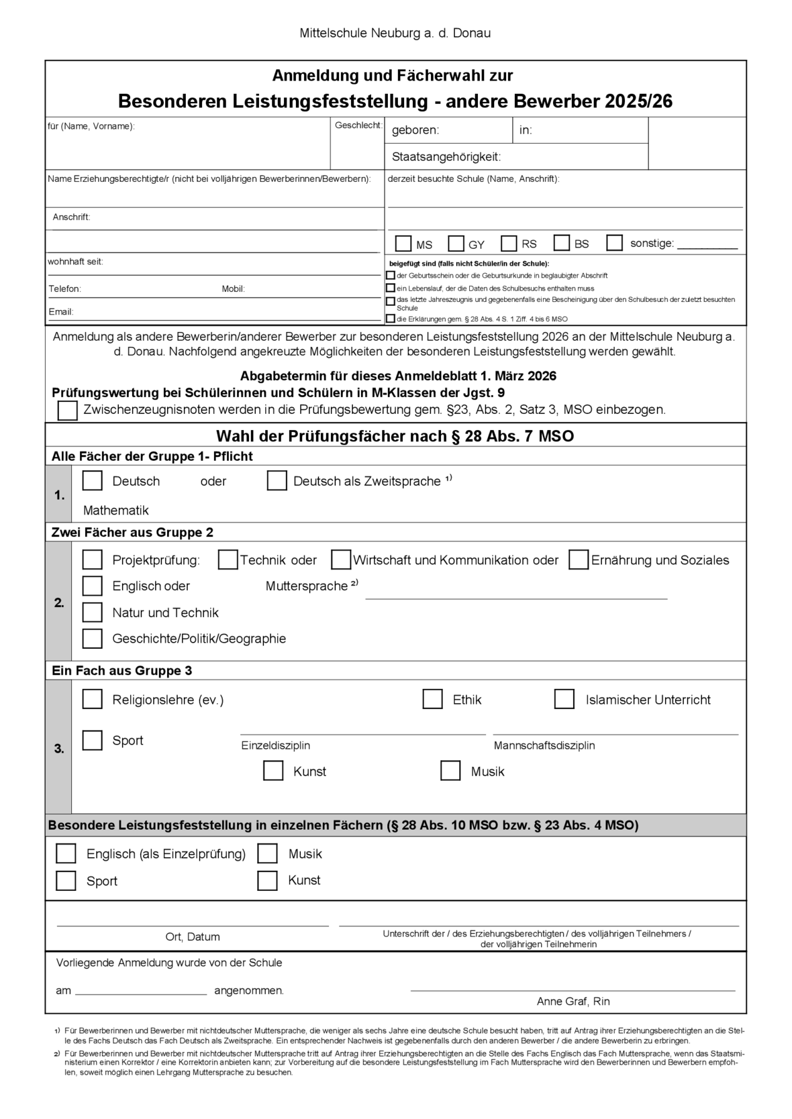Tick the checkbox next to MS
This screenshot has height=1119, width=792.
pos(403,243)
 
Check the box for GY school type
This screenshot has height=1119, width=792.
pos(456,243)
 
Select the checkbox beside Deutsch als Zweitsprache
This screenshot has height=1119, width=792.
pos(277,481)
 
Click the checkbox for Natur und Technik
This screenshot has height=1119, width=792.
pos(92,612)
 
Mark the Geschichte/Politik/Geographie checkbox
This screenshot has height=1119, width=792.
pos(92,639)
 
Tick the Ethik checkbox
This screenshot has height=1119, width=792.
pos(432,699)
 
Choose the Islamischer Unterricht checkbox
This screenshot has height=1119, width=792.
pos(564,699)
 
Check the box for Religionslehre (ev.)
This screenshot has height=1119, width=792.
pos(92,699)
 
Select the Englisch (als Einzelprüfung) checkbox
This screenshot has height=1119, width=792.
pos(66,853)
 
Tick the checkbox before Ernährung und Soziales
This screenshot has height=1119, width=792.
pos(579,559)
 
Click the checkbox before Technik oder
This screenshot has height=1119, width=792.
pos(228,559)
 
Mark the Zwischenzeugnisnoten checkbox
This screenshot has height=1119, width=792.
pos(68,410)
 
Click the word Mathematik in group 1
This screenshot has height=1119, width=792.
pos(116,511)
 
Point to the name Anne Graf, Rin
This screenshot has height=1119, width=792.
pos(573,1002)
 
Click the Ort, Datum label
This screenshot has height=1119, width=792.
pos(193,937)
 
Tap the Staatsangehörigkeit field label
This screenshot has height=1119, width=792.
pos(446,157)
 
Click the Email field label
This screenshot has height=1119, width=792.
pos(61,312)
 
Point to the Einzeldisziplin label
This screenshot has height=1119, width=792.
pos(276,745)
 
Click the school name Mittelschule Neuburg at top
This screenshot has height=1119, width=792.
pos(395,33)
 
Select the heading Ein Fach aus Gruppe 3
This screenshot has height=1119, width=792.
pos(121,671)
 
